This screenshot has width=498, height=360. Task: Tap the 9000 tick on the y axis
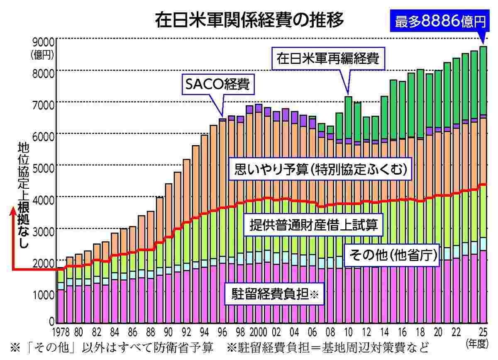coord(41,41)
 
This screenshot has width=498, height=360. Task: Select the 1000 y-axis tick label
coord(41,294)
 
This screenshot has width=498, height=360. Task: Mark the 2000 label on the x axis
coord(258,332)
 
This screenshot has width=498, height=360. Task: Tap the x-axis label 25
coord(482,332)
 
